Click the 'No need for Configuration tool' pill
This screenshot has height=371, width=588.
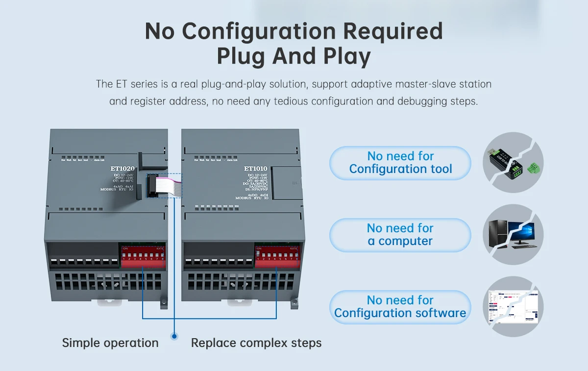click(400, 163)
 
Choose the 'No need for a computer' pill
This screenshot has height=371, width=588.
click(400, 235)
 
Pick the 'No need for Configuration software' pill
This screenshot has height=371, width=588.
click(400, 307)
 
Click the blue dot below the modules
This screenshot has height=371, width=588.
click(174, 336)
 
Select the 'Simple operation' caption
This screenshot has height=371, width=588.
click(110, 343)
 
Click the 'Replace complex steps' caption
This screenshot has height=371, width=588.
click(256, 343)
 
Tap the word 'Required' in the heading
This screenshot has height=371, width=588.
click(392, 31)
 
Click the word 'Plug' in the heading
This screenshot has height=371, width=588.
click(242, 56)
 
